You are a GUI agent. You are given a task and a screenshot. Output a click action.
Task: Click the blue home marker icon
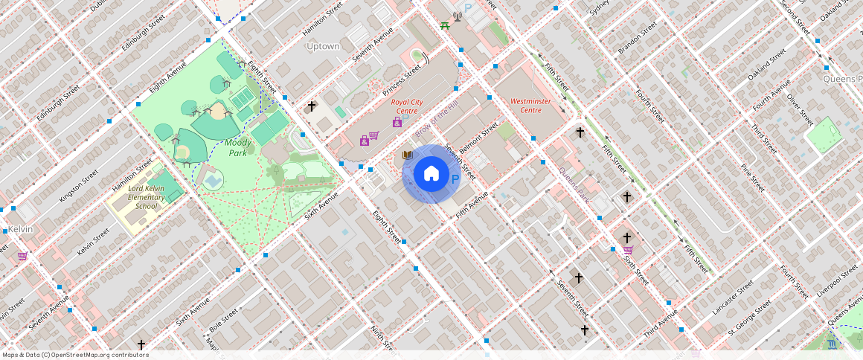431,174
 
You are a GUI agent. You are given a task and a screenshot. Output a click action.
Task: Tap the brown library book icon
407,155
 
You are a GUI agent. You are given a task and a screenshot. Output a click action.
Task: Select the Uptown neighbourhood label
323,46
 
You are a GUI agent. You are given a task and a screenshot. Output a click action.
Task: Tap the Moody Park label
237,147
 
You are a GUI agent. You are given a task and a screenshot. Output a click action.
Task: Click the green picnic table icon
444,26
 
